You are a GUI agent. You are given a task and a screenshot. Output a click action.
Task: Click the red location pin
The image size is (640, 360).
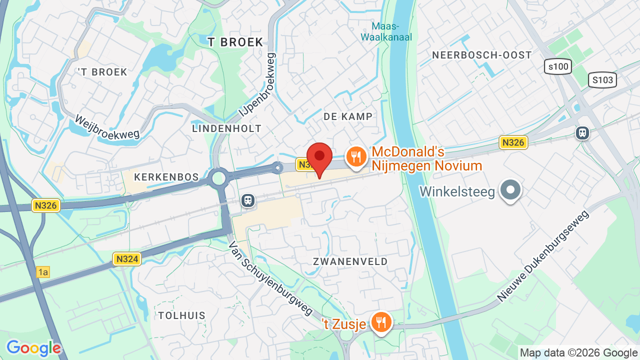tap(319, 157)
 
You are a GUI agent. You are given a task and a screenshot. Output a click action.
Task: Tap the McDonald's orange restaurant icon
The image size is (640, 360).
tap(356, 157)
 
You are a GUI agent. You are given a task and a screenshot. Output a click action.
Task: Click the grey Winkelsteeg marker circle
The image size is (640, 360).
tap(510, 190)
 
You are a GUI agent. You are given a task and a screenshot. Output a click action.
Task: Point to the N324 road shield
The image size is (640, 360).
tap(127, 258)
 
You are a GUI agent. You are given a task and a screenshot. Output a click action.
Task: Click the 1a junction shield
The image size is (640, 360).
tap(43, 272)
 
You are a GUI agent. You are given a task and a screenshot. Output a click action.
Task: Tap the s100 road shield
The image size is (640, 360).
tap(558, 66)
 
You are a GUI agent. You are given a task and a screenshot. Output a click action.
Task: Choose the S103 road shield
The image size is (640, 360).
tap(602, 80)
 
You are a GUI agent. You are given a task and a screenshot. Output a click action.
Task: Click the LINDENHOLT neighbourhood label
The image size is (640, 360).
tap(227, 128)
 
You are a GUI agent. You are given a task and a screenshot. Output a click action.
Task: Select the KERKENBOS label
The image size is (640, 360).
tap(167, 177)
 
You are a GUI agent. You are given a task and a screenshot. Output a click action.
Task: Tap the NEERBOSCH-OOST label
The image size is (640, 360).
tap(482, 55)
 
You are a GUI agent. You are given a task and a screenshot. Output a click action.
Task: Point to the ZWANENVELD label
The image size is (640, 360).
tap(350, 261)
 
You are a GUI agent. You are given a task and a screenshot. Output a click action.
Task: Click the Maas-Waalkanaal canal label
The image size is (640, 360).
tap(386, 31)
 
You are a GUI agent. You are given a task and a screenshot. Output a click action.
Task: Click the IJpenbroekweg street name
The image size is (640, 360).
tap(257, 85)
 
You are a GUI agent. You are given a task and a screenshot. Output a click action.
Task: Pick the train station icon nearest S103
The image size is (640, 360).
tap(582, 133)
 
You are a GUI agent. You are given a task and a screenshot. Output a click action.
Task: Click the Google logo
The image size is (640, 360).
tap(33, 348)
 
